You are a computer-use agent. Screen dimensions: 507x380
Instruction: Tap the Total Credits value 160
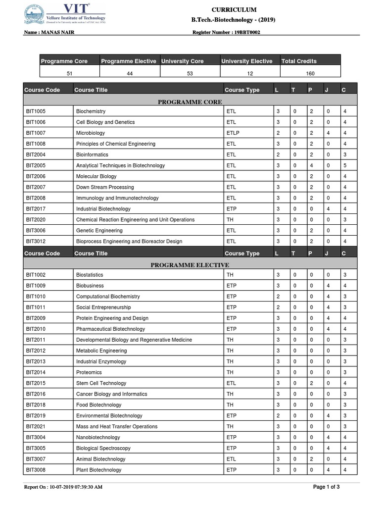[x=310, y=73]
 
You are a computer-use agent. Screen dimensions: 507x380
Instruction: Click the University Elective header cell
[x=246, y=61]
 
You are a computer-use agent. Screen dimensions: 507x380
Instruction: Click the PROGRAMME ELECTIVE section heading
[x=190, y=265]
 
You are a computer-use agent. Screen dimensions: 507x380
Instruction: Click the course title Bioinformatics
[x=92, y=154]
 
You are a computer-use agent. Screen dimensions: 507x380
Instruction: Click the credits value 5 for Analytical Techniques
[x=344, y=165]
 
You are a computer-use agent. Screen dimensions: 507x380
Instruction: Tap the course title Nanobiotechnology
[x=98, y=438]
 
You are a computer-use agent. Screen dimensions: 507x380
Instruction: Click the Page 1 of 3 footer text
[x=327, y=487]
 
